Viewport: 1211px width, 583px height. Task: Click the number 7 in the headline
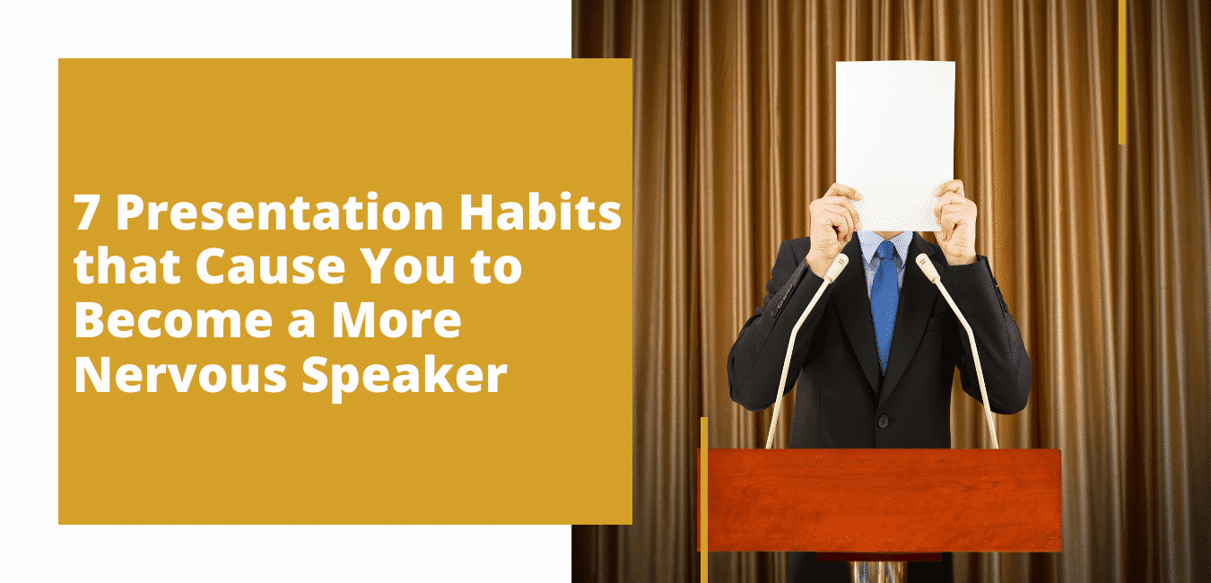pos(85,213)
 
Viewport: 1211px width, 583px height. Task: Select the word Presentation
pos(280,212)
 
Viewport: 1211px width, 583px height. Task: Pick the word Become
pos(173,320)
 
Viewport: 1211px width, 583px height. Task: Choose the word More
pos(396,320)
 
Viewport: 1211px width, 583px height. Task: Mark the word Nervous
pos(180,374)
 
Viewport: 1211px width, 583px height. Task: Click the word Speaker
pos(405,377)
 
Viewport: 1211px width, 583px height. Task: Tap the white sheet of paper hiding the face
pos(894,144)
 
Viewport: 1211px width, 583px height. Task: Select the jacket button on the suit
pos(883,421)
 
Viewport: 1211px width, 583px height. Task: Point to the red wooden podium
pos(880,500)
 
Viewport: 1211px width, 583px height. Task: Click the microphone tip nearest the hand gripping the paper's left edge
pos(838,265)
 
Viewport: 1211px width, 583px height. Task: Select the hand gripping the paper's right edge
pos(956,222)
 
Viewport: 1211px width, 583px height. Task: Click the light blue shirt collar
pos(885,244)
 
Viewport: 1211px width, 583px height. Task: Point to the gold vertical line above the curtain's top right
pos(1122,73)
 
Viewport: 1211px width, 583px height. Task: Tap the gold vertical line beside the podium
pos(704,500)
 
